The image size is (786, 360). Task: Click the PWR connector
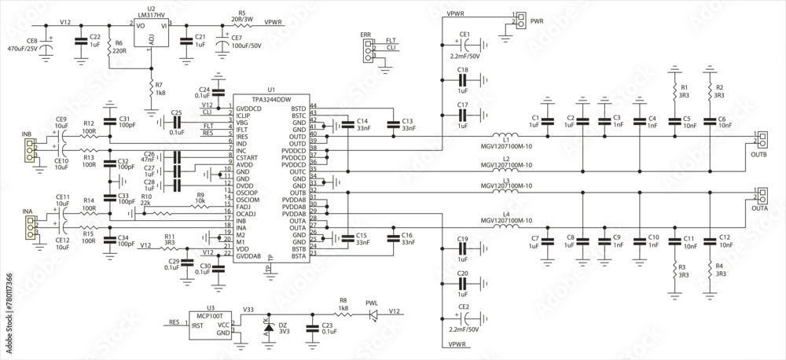(519, 20)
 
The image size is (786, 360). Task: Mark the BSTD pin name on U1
(298, 107)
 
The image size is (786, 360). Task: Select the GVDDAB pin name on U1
(249, 255)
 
